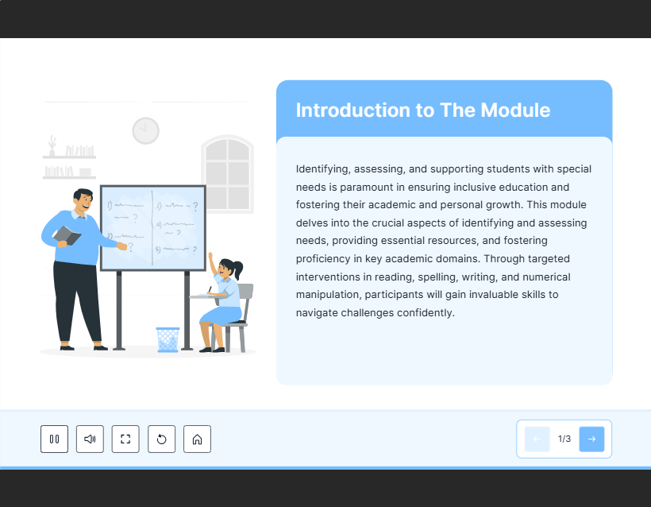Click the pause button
(x=55, y=439)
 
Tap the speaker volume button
(x=90, y=439)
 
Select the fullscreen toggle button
(x=125, y=439)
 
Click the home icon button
(x=197, y=439)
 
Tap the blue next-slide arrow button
(x=591, y=439)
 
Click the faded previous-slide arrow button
(x=537, y=439)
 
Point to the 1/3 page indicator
(x=564, y=439)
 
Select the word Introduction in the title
(x=353, y=110)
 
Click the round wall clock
(x=146, y=131)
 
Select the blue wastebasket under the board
(x=168, y=339)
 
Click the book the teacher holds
(x=67, y=236)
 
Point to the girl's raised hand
(x=210, y=256)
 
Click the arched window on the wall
(x=228, y=174)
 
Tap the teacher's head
(x=83, y=200)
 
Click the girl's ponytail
(x=238, y=269)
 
